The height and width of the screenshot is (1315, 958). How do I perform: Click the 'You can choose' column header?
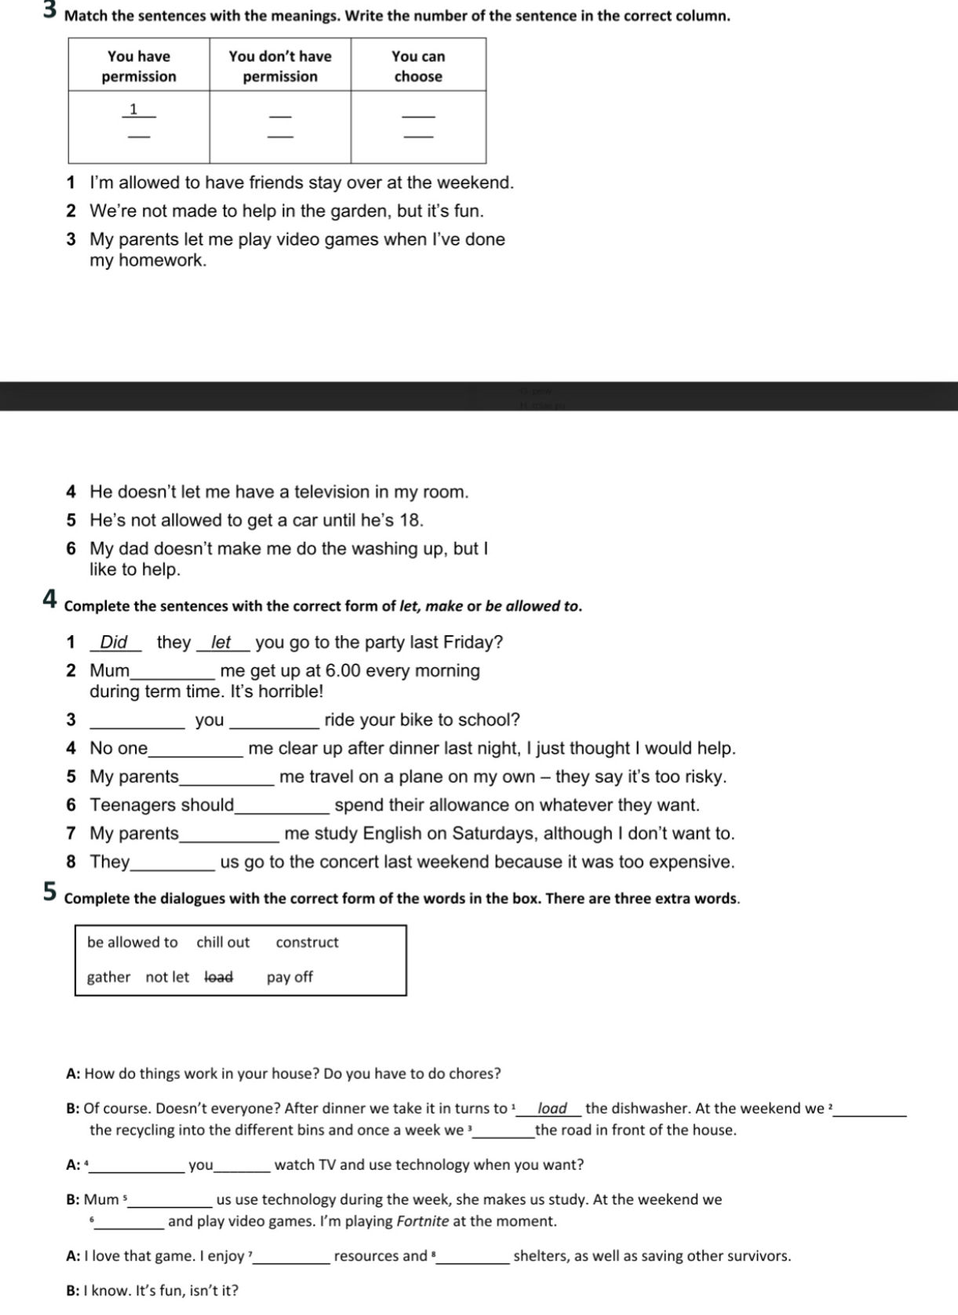pyautogui.click(x=417, y=66)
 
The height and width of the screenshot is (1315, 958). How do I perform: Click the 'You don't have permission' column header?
pyautogui.click(x=280, y=66)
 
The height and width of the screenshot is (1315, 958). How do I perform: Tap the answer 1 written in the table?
pyautogui.click(x=134, y=109)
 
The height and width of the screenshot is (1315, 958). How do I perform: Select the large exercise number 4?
pyautogui.click(x=49, y=600)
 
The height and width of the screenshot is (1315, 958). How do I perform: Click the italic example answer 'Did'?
pyautogui.click(x=114, y=642)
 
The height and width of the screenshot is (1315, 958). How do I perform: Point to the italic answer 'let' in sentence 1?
pyautogui.click(x=221, y=642)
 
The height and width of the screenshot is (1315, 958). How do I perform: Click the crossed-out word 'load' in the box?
pyautogui.click(x=219, y=977)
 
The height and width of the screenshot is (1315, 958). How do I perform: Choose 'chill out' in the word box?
pyautogui.click(x=223, y=942)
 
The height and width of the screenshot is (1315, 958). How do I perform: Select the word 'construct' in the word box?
pyautogui.click(x=307, y=942)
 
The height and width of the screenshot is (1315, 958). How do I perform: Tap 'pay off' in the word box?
pyautogui.click(x=290, y=977)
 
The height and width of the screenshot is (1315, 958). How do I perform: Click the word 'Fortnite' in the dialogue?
pyautogui.click(x=423, y=1221)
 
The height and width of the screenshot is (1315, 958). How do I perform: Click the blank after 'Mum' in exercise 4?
pyautogui.click(x=172, y=672)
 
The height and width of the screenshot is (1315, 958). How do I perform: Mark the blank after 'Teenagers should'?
pyautogui.click(x=282, y=806)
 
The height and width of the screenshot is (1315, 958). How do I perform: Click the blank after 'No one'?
pyautogui.click(x=195, y=750)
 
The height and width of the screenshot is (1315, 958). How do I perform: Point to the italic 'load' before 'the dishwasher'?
pyautogui.click(x=552, y=1108)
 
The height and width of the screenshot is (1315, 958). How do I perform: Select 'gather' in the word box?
pyautogui.click(x=108, y=977)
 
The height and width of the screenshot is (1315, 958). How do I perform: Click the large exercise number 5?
pyautogui.click(x=49, y=892)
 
